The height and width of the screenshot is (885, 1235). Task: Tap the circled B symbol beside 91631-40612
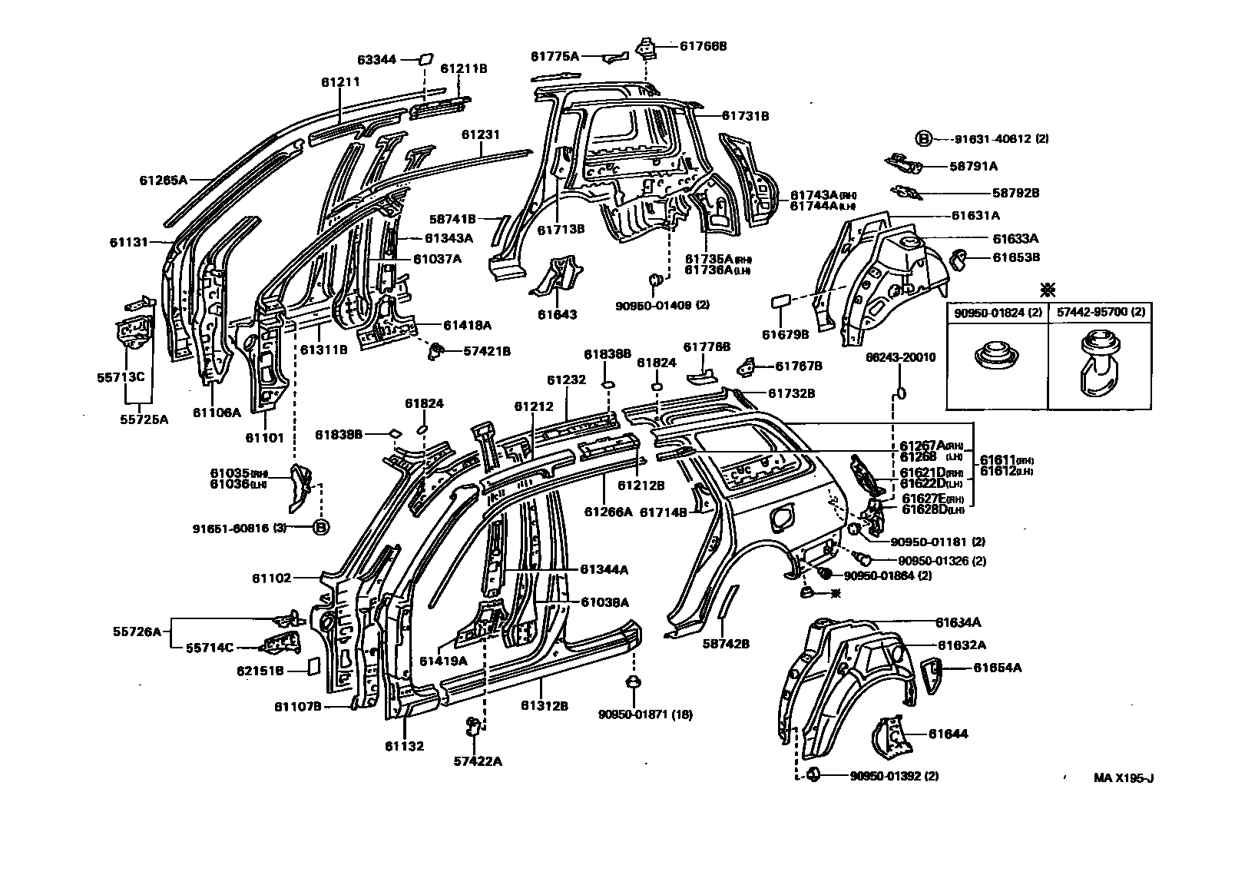(923, 139)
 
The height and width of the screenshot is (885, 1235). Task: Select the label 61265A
(164, 181)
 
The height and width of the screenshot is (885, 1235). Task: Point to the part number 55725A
(144, 419)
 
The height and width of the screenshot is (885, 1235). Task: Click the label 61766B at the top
(703, 46)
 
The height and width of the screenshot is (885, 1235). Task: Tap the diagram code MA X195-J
(1124, 777)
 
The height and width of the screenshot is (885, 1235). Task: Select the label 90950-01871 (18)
(645, 714)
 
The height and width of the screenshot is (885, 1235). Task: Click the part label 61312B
(544, 705)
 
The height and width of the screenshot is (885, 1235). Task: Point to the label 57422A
(477, 761)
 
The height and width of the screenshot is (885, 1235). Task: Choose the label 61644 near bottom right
(948, 734)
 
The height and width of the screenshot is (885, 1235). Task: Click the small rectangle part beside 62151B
(313, 665)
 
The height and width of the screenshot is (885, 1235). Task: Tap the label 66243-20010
(901, 357)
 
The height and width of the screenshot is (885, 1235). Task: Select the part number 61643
(557, 315)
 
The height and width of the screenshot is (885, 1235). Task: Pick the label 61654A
(997, 668)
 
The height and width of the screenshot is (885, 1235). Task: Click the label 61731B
(745, 116)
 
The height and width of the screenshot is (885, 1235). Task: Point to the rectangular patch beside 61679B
(781, 300)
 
